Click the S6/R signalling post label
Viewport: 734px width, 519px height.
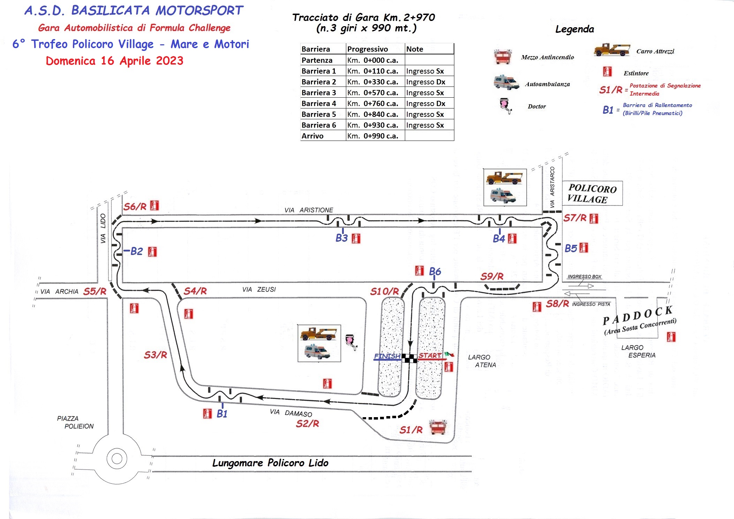(x=135, y=206)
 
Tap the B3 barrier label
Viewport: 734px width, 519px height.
(x=341, y=238)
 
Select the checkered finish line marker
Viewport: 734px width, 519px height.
(x=409, y=358)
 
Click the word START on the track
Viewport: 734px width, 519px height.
(x=430, y=355)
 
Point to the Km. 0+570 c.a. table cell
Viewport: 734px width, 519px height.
(x=375, y=93)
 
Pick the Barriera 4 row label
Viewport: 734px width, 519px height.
(x=319, y=104)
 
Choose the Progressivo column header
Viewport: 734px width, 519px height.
(x=368, y=49)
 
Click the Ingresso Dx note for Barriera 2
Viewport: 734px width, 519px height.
(x=425, y=82)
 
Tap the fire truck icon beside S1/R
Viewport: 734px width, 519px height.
(x=438, y=427)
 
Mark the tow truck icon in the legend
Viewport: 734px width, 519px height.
(x=612, y=50)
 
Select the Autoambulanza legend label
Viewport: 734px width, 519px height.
(x=547, y=84)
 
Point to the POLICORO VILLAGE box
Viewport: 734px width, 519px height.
(x=592, y=193)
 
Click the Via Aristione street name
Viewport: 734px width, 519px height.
(x=309, y=210)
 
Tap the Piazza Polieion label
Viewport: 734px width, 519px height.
(x=75, y=422)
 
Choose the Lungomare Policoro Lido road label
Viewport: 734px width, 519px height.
(x=270, y=463)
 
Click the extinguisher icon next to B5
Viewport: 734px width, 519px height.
(x=584, y=248)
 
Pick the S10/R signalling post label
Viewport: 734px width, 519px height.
(x=384, y=291)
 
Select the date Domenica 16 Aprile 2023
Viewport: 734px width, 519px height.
(x=114, y=61)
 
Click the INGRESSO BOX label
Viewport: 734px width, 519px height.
(x=584, y=277)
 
